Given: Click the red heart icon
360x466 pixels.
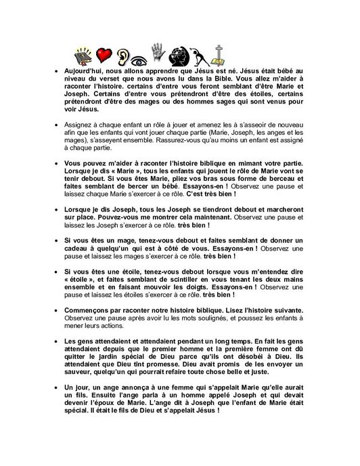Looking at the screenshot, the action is (104, 54).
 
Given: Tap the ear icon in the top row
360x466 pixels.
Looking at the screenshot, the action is (123, 54).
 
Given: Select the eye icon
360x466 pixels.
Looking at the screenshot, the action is (141, 56).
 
